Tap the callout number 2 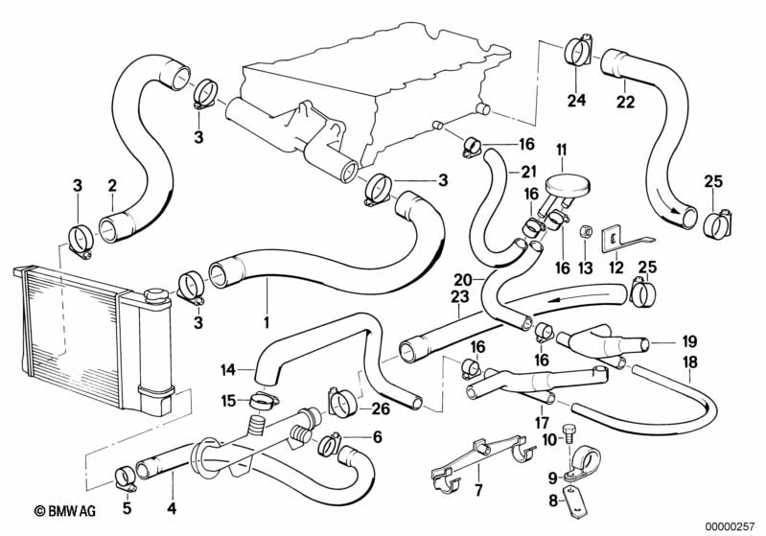pyautogui.click(x=112, y=186)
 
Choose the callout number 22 pyautogui.click(x=624, y=101)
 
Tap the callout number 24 pyautogui.click(x=575, y=99)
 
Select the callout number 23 pyautogui.click(x=459, y=297)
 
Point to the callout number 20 pyautogui.click(x=463, y=280)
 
